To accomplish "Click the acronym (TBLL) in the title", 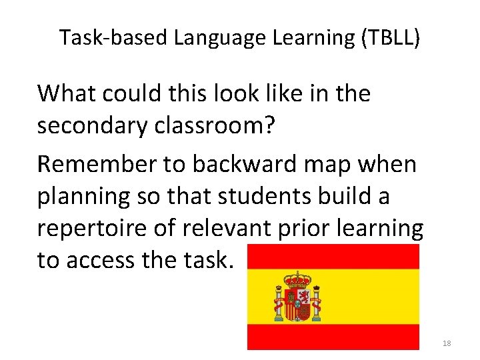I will [391, 38].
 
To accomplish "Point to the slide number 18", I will [447, 343].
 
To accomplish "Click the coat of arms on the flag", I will [298, 297].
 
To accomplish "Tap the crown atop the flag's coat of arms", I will [298, 277].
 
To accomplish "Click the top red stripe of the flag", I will [333, 256].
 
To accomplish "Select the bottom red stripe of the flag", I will [333, 337].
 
